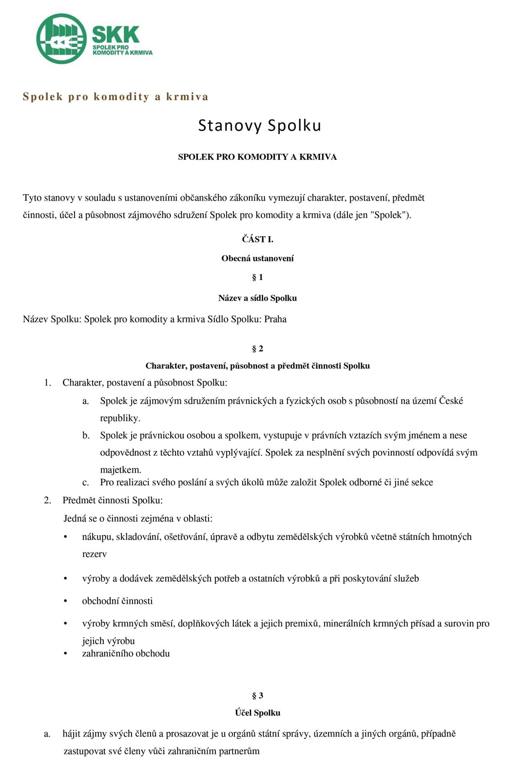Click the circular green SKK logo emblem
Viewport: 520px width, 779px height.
pos(61,39)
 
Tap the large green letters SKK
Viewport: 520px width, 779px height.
pos(116,35)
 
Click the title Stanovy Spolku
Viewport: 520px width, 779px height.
pos(259,126)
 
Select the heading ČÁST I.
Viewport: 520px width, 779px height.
pos(257,239)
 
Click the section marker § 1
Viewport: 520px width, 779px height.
pos(257,278)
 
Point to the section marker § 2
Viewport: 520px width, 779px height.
pos(257,349)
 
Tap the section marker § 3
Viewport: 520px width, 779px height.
pos(257,696)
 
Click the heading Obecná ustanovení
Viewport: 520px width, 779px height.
pos(257,259)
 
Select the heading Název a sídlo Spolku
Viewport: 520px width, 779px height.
pos(257,298)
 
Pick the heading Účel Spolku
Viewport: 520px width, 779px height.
pos(257,713)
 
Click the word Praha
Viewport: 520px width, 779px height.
pos(275,319)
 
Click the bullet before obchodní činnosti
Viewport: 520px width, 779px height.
pos(65,601)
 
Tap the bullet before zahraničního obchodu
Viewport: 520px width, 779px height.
pos(65,654)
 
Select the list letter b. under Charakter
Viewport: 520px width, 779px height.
pos(86,436)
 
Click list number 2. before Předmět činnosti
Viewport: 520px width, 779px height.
pos(47,501)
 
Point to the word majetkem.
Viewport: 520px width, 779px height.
pos(120,470)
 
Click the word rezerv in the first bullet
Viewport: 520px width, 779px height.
pos(94,554)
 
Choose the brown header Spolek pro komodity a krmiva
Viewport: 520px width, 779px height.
pos(116,96)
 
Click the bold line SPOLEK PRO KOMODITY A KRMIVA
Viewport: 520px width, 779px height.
pos(257,157)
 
